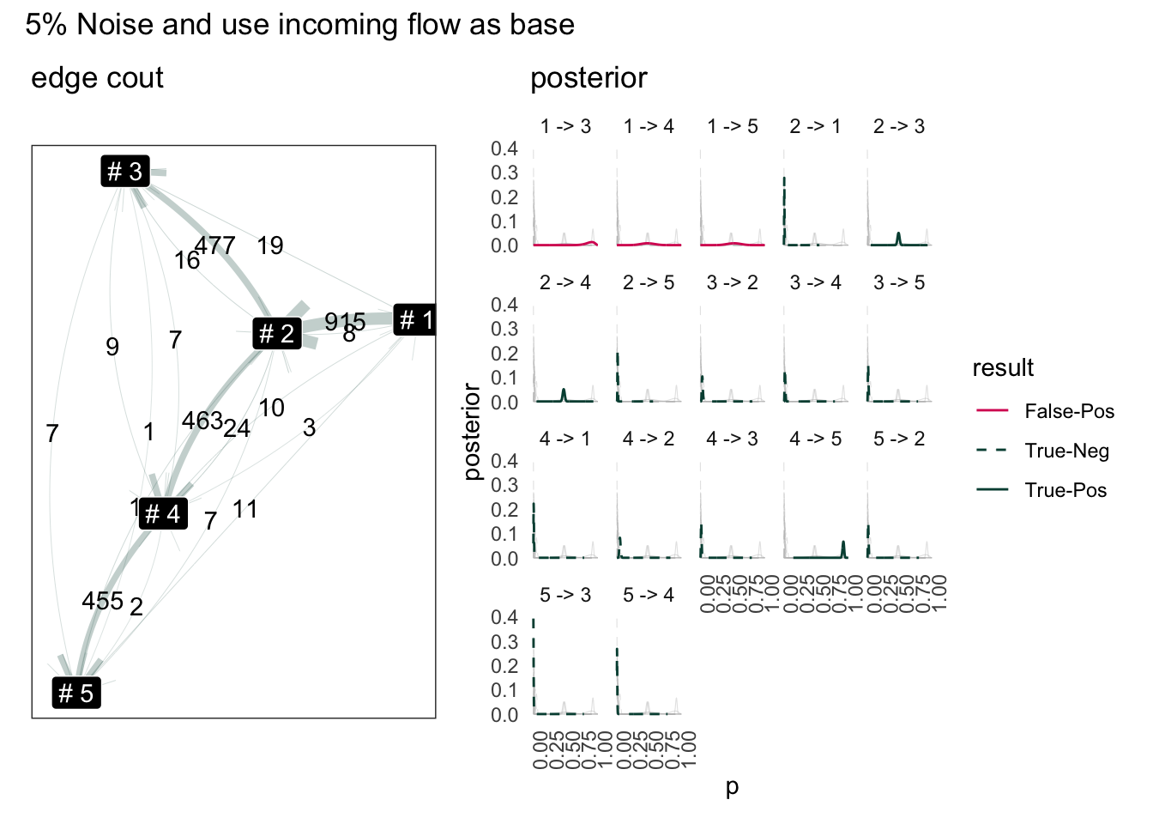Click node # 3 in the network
tap(125, 172)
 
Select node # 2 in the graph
tap(277, 333)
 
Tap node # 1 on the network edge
tap(415, 320)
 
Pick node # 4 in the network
tap(163, 514)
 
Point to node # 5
tap(76, 693)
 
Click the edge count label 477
tap(215, 246)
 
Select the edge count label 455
tap(102, 601)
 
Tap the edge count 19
tap(270, 246)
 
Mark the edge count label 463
tap(202, 421)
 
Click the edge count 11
tap(244, 510)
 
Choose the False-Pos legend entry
tap(1069, 411)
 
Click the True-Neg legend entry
tap(1066, 451)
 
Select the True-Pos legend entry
tap(1065, 490)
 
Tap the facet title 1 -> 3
tap(565, 126)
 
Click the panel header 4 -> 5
tap(816, 439)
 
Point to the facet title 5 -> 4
tap(649, 595)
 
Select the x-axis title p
tap(732, 787)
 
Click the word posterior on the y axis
tap(472, 431)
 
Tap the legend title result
tap(1002, 368)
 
